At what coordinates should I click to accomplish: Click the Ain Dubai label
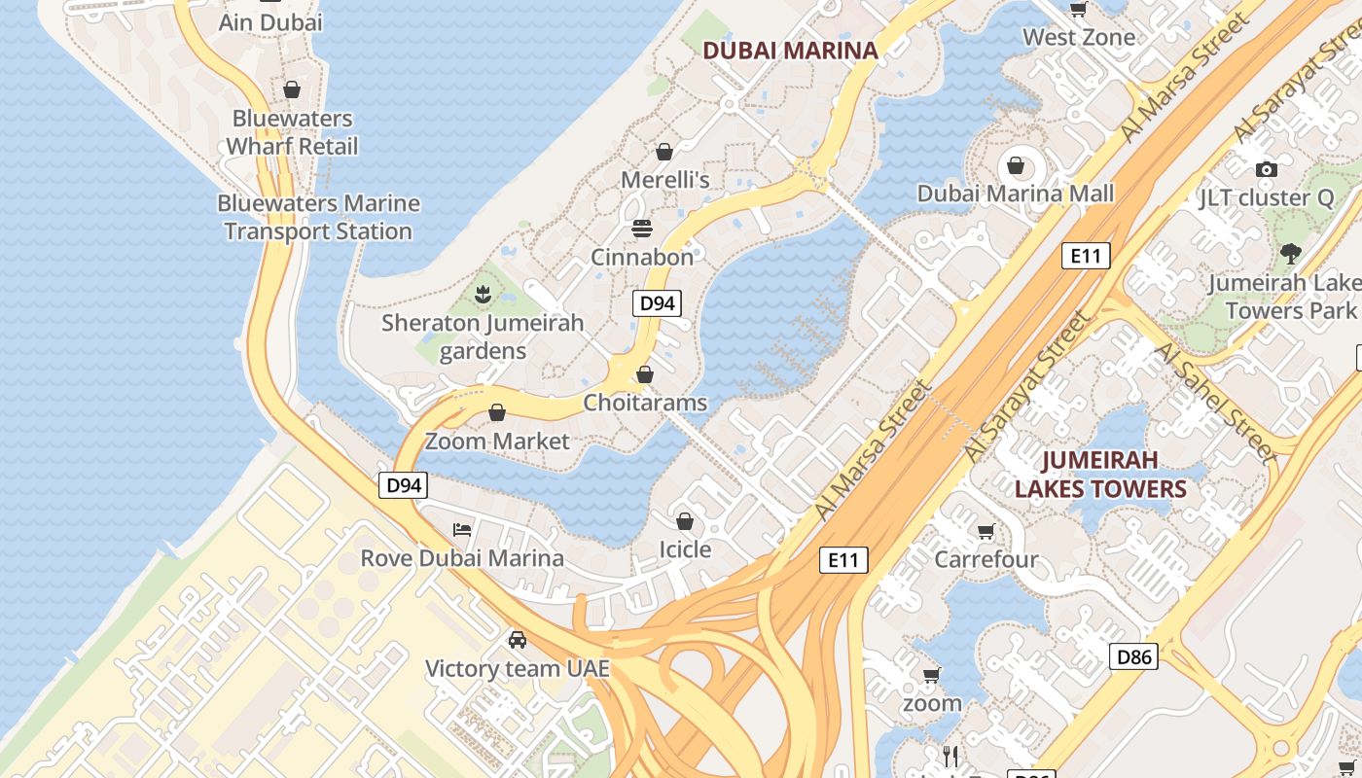[269, 22]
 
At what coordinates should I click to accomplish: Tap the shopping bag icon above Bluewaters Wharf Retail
[292, 89]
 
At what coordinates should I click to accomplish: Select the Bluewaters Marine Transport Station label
[318, 217]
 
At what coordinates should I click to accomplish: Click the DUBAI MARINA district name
[790, 51]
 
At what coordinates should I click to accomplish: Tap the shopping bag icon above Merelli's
[664, 152]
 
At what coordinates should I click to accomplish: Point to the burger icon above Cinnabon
[641, 229]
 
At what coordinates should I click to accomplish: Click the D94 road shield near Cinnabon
[657, 302]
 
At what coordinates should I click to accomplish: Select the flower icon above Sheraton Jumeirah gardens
[483, 293]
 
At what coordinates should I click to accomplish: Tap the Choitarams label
[645, 402]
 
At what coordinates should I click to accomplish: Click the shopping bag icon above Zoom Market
[497, 412]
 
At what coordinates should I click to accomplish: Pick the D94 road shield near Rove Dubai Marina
[403, 484]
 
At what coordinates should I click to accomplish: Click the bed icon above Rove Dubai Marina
[462, 530]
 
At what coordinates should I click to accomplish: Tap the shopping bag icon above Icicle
[685, 521]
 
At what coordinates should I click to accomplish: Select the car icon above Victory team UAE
[518, 640]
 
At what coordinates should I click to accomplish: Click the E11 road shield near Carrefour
[842, 559]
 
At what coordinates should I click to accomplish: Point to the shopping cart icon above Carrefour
[986, 531]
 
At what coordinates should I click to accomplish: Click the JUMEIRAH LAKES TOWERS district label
[1100, 474]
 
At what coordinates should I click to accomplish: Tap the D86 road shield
[1133, 656]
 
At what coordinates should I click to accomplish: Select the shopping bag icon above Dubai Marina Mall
[1016, 165]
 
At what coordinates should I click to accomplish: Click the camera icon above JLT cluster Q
[1266, 169]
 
